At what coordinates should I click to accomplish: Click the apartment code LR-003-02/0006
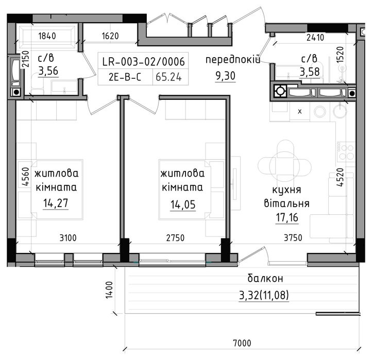click(x=143, y=62)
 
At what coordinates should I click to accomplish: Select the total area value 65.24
click(x=168, y=77)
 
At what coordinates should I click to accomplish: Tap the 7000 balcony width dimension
click(x=242, y=343)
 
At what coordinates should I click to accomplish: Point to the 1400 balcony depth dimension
click(x=109, y=290)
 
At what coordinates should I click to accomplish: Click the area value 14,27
click(x=56, y=203)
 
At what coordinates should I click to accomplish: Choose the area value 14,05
click(x=183, y=204)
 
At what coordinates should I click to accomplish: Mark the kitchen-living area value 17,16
click(x=287, y=218)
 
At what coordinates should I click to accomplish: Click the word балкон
click(x=265, y=278)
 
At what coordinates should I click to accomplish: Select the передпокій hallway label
click(x=233, y=60)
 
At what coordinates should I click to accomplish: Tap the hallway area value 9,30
click(x=225, y=76)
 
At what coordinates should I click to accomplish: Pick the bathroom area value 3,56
click(x=48, y=71)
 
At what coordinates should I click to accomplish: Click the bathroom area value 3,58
click(x=310, y=72)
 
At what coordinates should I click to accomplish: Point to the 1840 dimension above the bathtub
click(x=47, y=36)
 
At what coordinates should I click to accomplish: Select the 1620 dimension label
click(x=110, y=36)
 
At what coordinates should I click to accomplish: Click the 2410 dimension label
click(x=315, y=38)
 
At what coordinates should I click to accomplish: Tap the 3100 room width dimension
click(x=68, y=237)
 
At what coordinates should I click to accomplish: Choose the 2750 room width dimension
click(x=175, y=237)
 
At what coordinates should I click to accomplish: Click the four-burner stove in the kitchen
click(x=346, y=152)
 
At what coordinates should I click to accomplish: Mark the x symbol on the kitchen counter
click(x=300, y=111)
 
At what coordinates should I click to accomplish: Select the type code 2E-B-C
click(x=125, y=77)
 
